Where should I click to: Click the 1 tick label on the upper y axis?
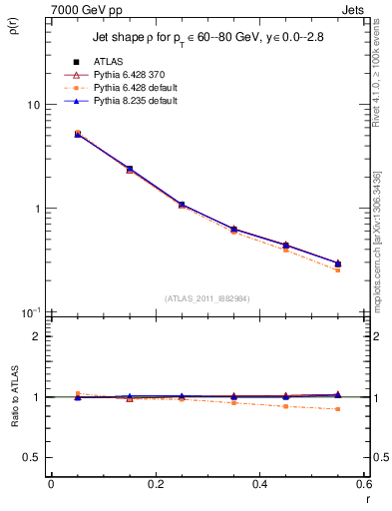point(36,209)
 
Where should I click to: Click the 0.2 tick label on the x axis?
point(155,484)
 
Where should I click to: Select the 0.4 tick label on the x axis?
point(259,484)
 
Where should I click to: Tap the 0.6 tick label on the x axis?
point(363,484)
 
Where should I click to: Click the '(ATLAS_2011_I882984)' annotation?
point(206,296)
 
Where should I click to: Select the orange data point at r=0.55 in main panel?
point(338,270)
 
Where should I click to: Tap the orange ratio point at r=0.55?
point(338,409)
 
